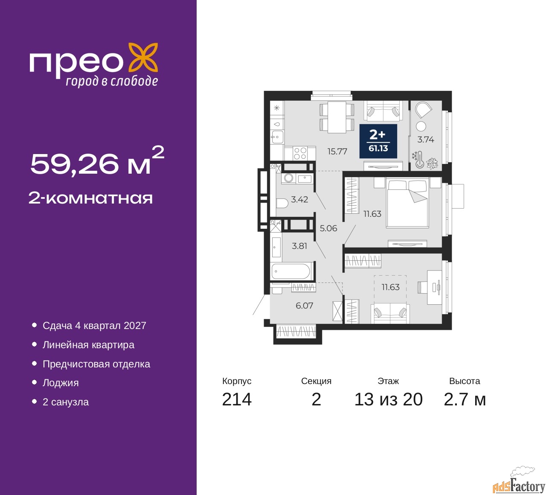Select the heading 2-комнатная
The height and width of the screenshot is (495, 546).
pos(90,198)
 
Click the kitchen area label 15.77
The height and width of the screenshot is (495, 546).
pos(337,151)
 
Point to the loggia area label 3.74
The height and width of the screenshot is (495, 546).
pos(426,140)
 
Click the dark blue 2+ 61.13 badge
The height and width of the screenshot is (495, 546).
pos(378,141)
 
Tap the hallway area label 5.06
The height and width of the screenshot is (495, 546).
pos(328,228)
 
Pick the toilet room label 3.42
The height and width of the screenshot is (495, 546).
pos(299,199)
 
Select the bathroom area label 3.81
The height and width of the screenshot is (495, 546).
pos(299,246)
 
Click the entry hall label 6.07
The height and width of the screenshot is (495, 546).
pos(304,306)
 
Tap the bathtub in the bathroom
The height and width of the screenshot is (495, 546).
pos(290,271)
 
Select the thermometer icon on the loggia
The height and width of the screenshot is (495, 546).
pos(419,159)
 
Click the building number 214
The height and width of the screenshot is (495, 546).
pos(237,399)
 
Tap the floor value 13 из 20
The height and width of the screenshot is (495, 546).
pos(389,399)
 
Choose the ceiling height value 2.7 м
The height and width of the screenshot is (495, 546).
pos(465,399)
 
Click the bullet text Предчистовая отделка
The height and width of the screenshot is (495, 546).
pos(96,364)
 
